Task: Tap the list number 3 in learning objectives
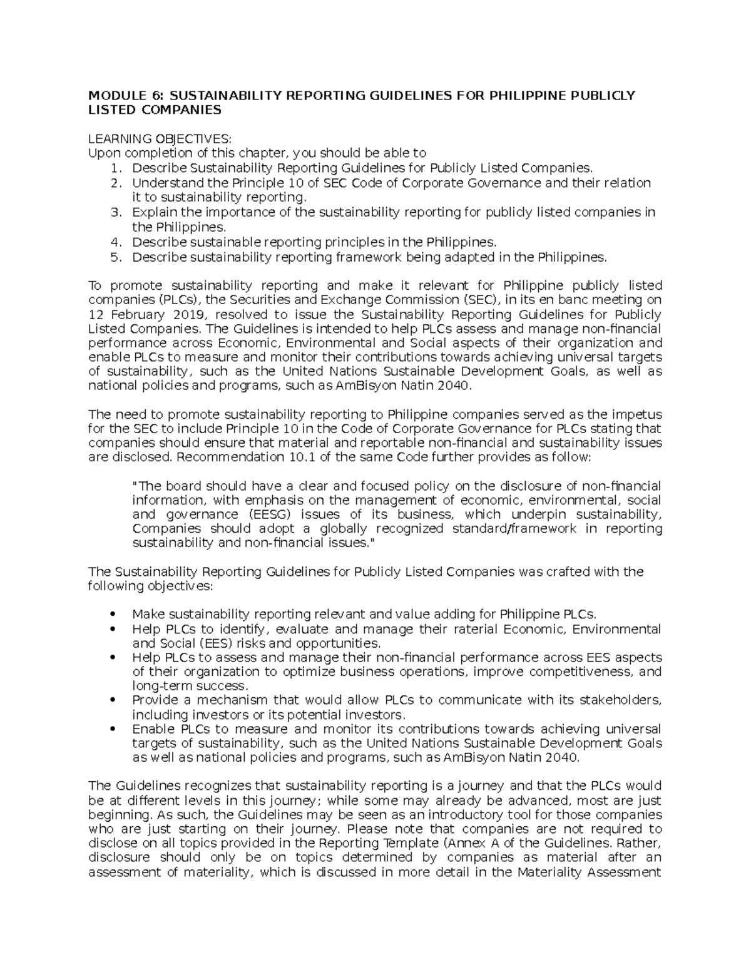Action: tap(115, 212)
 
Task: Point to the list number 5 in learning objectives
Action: tap(115, 257)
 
